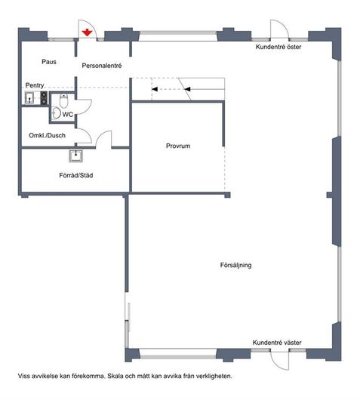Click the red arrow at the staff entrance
[87, 32]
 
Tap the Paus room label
[49, 62]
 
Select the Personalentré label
[102, 66]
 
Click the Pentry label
[35, 85]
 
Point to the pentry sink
[30, 97]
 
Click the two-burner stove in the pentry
[44, 98]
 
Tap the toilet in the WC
[63, 100]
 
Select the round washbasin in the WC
[57, 113]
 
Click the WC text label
[67, 115]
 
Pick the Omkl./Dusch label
[48, 135]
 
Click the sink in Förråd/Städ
[75, 156]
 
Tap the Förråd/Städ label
[76, 175]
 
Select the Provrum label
[178, 146]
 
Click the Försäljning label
[235, 265]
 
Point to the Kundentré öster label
[278, 47]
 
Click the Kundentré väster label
[277, 343]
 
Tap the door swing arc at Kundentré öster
[284, 25]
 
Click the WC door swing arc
[89, 109]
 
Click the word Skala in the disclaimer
[114, 376]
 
